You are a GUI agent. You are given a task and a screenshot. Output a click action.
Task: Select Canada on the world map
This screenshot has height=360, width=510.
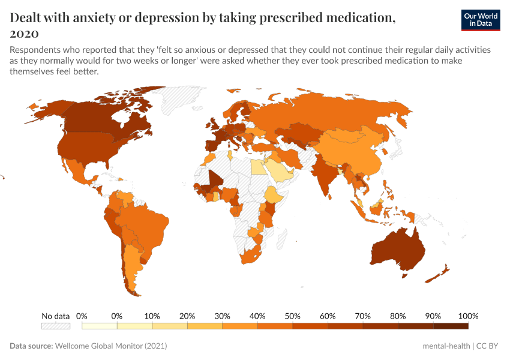tap(102, 120)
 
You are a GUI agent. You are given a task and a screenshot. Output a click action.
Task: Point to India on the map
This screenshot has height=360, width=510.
tap(325, 174)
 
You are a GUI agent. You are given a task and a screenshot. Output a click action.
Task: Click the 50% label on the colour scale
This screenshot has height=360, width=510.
tap(293, 316)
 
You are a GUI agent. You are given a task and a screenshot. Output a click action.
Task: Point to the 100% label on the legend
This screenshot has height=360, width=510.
tap(467, 316)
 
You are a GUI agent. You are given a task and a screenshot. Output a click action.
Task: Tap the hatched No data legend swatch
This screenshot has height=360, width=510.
tap(55, 326)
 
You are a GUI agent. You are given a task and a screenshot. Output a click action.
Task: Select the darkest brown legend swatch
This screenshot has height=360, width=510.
tap(450, 326)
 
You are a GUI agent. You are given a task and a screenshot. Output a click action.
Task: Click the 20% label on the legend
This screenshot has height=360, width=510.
tap(187, 316)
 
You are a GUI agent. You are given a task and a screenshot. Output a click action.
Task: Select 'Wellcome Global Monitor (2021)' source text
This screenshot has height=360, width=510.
tap(111, 346)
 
